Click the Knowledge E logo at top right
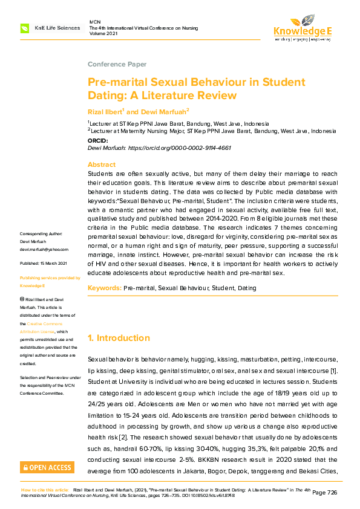tap(303, 28)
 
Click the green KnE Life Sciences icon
tap(25, 28)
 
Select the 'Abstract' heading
tap(102, 164)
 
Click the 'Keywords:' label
tap(105, 288)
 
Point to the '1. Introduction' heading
tap(119, 338)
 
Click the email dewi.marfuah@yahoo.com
tap(44, 249)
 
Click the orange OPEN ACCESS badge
tap(47, 467)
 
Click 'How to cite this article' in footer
tap(45, 490)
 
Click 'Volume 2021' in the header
tap(105, 34)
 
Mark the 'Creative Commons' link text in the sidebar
tap(50, 323)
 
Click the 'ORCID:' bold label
tap(98, 140)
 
